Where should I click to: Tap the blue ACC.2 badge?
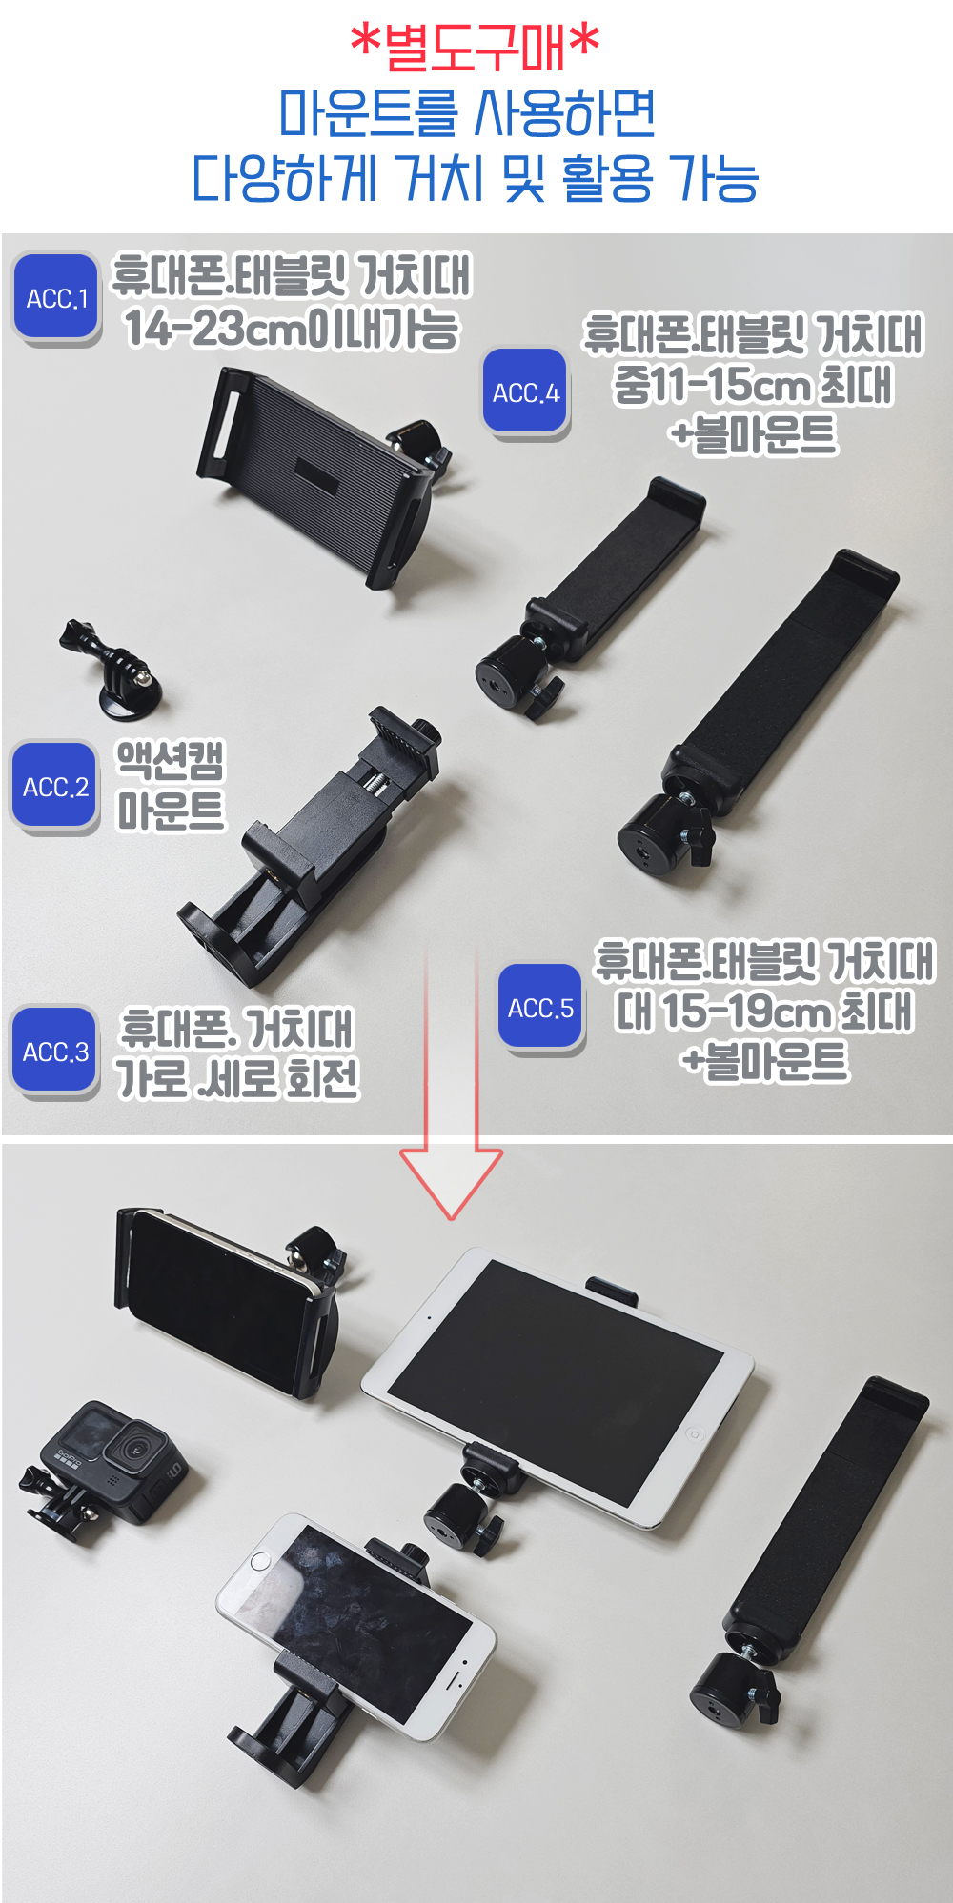tap(55, 787)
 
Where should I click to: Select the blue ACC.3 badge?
tap(55, 1051)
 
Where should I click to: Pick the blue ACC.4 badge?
tap(525, 391)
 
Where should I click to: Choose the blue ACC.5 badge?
tap(540, 1008)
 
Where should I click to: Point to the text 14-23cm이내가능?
tap(292, 328)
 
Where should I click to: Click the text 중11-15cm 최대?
tap(753, 385)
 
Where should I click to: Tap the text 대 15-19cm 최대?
tap(764, 1012)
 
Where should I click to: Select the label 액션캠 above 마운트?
tap(171, 760)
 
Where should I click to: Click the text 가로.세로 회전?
tap(237, 1078)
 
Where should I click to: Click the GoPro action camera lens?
tap(136, 1449)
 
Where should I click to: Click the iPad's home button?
tap(694, 1433)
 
